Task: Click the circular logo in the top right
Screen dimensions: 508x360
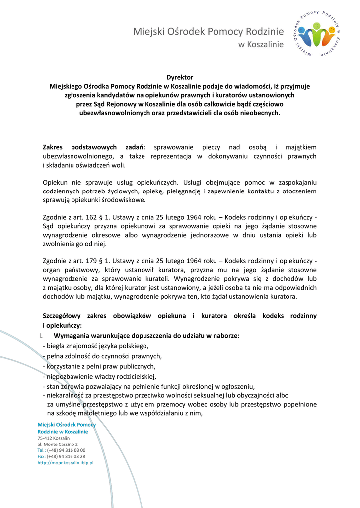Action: [318, 34]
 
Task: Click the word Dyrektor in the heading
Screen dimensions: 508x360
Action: [180, 77]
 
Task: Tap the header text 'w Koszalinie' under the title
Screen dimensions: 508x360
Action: [261, 45]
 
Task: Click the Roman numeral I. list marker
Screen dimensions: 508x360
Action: [41, 336]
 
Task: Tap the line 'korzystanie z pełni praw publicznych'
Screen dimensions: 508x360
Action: [101, 366]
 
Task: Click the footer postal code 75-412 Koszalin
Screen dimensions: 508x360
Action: [54, 439]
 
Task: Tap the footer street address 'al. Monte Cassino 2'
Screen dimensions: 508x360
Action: [58, 444]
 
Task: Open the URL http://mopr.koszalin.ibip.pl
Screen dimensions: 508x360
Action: [66, 463]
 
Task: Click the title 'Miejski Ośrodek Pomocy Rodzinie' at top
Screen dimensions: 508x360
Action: [208, 32]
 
